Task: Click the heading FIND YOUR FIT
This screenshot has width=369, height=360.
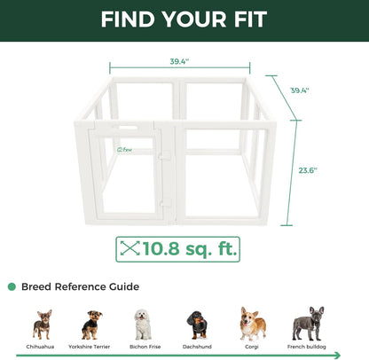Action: [x=184, y=20]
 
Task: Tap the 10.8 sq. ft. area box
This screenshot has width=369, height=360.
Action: [x=177, y=249]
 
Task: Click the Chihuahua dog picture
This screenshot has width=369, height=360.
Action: [x=42, y=325]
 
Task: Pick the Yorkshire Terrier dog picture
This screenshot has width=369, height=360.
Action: [x=91, y=325]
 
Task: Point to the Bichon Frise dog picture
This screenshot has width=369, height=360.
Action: [x=142, y=325]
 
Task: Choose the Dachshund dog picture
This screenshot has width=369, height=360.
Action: [x=196, y=325]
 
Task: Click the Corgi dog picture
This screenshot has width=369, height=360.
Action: [x=252, y=324]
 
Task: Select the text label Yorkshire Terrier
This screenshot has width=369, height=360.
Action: [x=91, y=347]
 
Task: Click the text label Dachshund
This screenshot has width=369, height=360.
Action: [x=196, y=347]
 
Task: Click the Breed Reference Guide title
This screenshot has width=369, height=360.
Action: [x=79, y=286]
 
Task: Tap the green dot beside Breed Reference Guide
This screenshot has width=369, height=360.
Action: [x=12, y=286]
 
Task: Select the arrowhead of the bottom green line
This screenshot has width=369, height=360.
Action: [x=337, y=355]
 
